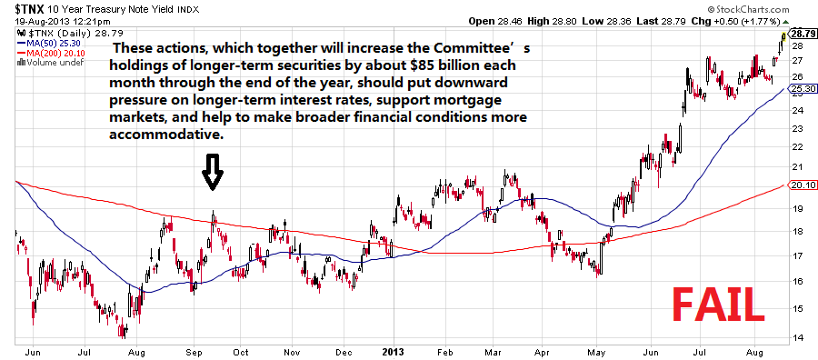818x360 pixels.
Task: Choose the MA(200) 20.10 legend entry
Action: (x=52, y=53)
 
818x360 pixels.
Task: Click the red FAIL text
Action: (x=719, y=305)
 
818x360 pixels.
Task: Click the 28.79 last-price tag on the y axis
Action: (x=803, y=34)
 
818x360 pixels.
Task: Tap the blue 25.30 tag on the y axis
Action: (x=803, y=90)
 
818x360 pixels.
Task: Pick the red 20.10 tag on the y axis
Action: (x=803, y=185)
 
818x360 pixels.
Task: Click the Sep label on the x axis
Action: (x=195, y=351)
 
